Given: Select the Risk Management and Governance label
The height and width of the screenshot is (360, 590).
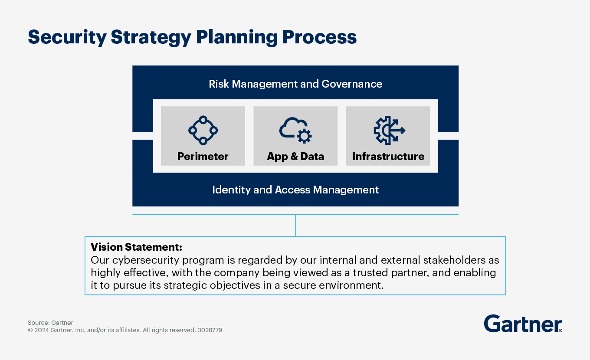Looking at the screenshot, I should pyautogui.click(x=295, y=84).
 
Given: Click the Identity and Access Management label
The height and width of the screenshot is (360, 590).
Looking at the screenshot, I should pyautogui.click(x=295, y=190).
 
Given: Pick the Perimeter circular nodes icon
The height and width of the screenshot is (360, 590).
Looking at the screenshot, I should pyautogui.click(x=203, y=130).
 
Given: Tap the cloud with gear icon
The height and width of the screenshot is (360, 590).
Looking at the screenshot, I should pyautogui.click(x=295, y=130).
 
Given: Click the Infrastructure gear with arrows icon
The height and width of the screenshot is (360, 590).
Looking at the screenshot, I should pyautogui.click(x=389, y=130).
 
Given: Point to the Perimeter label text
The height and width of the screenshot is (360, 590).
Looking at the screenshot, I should pyautogui.click(x=203, y=157).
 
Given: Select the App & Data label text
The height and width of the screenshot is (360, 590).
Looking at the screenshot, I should pyautogui.click(x=295, y=157).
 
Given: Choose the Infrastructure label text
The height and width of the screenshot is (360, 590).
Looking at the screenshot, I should pyautogui.click(x=388, y=157).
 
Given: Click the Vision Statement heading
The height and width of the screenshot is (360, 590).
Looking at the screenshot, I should pyautogui.click(x=136, y=247).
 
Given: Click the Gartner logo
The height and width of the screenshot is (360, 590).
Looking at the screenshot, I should pyautogui.click(x=523, y=324).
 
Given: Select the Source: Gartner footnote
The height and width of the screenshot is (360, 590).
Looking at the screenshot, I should pyautogui.click(x=50, y=323).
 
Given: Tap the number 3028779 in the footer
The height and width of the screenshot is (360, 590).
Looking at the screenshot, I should pyautogui.click(x=210, y=330).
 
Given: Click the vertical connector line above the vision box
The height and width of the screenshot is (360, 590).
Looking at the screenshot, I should pyautogui.click(x=295, y=226).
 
